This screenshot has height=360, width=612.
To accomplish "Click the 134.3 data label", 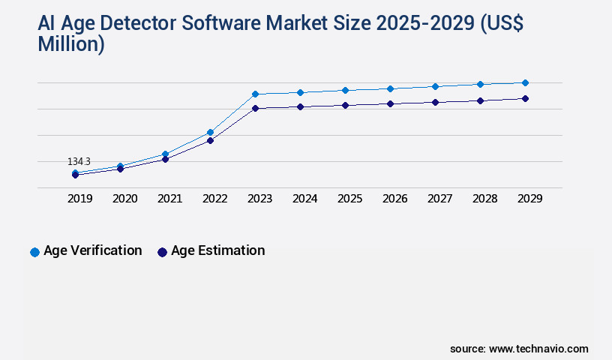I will pos(79,161).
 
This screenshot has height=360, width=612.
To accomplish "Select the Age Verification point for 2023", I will pos(255,94).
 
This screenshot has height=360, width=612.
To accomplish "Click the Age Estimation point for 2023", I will pos(255,108).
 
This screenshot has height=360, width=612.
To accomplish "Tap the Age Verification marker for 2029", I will pos(525,82).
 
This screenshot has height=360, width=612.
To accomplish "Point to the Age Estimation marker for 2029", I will pos(525,98).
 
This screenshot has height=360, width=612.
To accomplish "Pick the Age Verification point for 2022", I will pos(210,132).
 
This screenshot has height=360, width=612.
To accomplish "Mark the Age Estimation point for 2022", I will pos(210,140).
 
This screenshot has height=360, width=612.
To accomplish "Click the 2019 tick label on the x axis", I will pos(80,199).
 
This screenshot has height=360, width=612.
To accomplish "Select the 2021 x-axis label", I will pos(169,199).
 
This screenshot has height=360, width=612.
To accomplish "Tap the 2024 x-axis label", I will pos(304,199).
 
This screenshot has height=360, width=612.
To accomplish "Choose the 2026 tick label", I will pos(394,199).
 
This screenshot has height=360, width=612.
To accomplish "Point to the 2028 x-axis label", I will pos(484,199).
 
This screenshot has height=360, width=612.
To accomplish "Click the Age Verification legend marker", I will pos(34,252).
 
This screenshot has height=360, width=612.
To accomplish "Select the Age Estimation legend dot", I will pos(162,252).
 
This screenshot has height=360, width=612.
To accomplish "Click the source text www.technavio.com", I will pos(538,349).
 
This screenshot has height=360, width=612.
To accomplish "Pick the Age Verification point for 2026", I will pos(390,88).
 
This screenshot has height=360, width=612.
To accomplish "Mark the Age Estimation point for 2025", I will pos(345,105).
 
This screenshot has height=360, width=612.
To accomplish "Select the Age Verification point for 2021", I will pos(165,154).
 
